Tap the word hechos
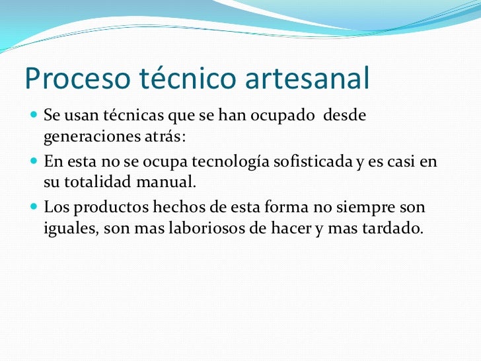point(177,208)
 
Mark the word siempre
point(365,208)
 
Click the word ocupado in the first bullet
point(287,116)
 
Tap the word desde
point(345,116)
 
